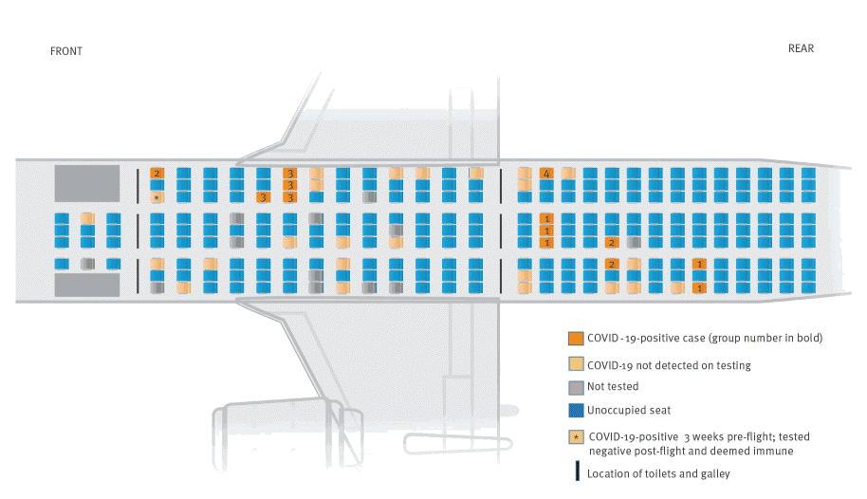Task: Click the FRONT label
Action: pos(66,51)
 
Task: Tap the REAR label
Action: pos(801,48)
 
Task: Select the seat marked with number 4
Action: pos(546,174)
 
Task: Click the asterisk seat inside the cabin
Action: pos(157,197)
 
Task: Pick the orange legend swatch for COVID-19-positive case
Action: pos(576,338)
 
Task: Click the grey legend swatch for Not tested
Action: pos(576,387)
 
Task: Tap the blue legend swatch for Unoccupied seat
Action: pos(576,411)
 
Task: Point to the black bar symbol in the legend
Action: pos(578,471)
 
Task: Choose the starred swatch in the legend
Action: pos(576,437)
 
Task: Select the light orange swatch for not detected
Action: pos(576,364)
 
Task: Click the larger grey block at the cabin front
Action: pos(87,183)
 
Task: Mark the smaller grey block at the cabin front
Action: pos(87,285)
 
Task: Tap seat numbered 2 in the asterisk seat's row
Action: pos(157,174)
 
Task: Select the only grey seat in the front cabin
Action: pos(87,264)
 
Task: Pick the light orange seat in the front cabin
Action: pos(87,218)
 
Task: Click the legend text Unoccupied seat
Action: pos(629,411)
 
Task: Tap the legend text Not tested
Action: pos(613,387)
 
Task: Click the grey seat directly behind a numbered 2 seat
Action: pos(634,242)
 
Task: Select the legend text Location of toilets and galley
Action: pos(658,474)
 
